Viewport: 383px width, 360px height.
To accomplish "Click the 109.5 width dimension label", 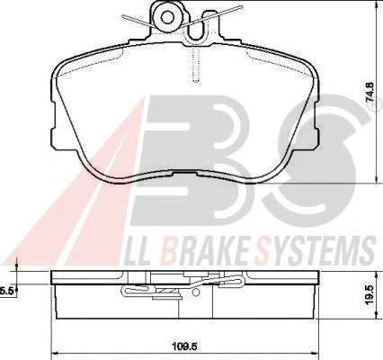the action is [185, 347].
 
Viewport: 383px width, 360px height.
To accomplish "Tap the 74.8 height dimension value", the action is [370, 92].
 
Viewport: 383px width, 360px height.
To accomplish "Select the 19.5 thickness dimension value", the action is [370, 294].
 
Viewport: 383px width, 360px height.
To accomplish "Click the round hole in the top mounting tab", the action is [166, 17].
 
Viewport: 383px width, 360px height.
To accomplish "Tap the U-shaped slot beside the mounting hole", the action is [197, 25].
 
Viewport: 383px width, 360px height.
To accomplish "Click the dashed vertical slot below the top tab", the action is [195, 65].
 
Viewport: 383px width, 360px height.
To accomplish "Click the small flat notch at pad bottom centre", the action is [184, 173].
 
